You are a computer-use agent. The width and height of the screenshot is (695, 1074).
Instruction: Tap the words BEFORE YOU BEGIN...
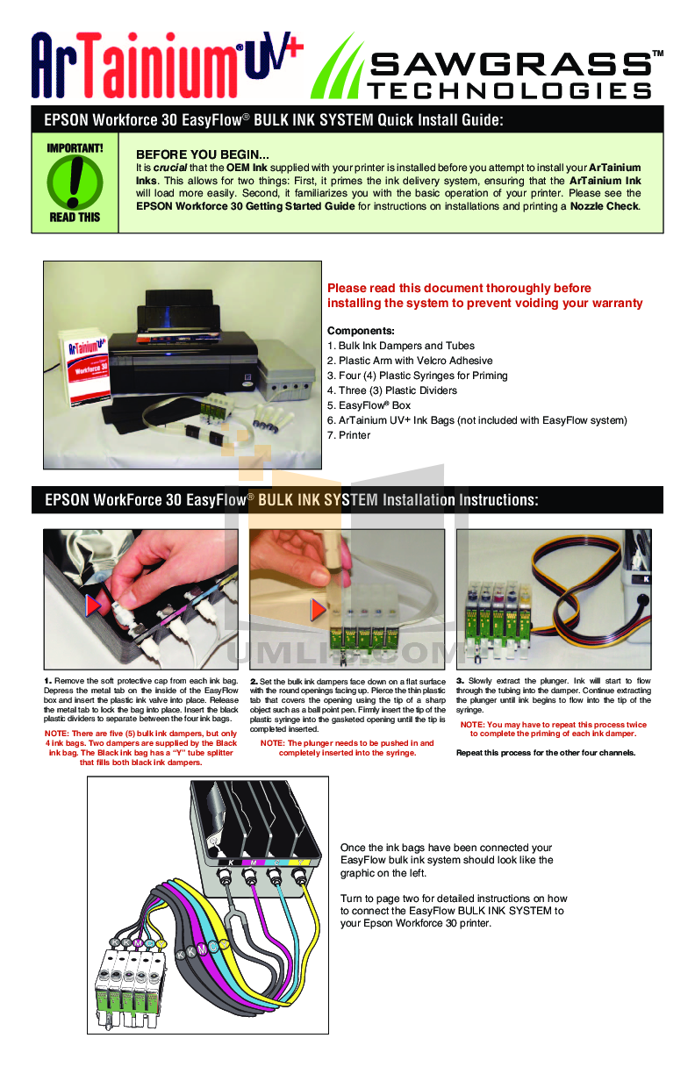pyautogui.click(x=202, y=154)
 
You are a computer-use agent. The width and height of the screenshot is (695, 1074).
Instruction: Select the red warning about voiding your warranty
pyautogui.click(x=484, y=296)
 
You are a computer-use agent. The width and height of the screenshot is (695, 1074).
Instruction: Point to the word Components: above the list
pyautogui.click(x=361, y=331)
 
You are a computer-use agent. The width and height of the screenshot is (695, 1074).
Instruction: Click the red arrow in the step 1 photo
pyautogui.click(x=95, y=605)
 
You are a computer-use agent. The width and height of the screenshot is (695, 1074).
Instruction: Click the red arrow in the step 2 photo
pyautogui.click(x=319, y=608)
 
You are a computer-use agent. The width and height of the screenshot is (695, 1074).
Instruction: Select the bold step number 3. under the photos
pyautogui.click(x=461, y=681)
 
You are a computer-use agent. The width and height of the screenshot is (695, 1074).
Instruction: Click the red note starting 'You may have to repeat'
pyautogui.click(x=554, y=729)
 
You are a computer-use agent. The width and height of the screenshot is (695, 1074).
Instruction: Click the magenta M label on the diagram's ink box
pyautogui.click(x=253, y=863)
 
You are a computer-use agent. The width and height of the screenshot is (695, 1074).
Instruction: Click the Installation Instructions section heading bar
pyautogui.click(x=347, y=500)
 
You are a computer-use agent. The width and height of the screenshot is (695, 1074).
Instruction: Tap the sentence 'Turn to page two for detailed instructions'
pyautogui.click(x=454, y=899)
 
